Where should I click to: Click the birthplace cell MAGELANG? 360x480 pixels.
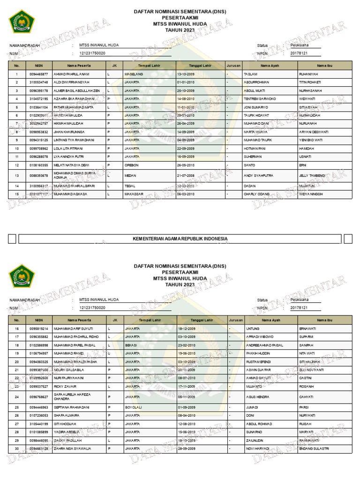click(134, 75)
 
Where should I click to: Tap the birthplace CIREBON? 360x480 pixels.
click(132, 165)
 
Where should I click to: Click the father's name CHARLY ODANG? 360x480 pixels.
click(257, 194)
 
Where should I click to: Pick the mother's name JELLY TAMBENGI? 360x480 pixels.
click(312, 175)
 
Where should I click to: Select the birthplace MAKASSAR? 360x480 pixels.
click(134, 194)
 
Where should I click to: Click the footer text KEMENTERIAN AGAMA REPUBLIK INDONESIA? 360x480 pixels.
click(180, 239)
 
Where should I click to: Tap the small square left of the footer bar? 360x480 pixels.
click(12, 239)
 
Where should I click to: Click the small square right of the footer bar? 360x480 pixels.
click(348, 239)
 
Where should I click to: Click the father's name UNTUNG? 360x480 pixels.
click(253, 329)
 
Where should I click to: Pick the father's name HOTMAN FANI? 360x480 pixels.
click(255, 149)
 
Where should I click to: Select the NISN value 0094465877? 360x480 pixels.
click(38, 75)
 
